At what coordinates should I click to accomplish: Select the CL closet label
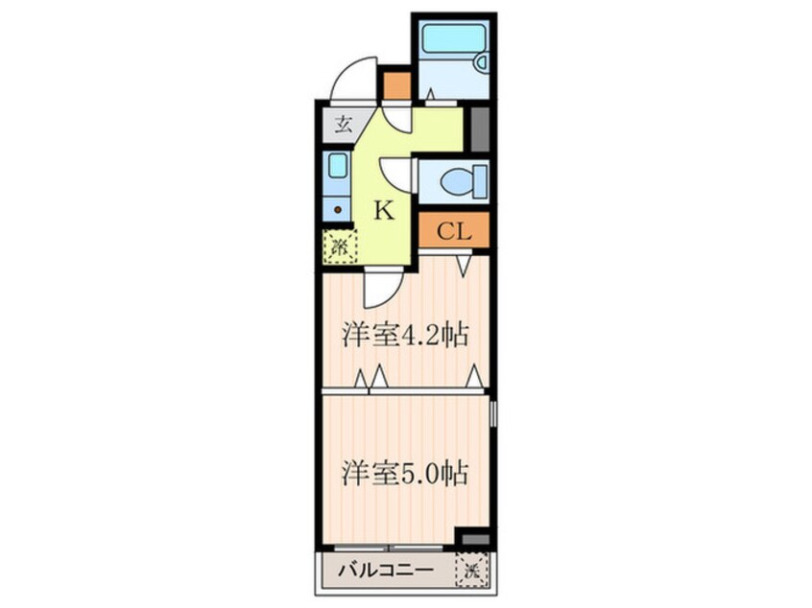pos(454,231)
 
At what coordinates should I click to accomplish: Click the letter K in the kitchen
pos(383,211)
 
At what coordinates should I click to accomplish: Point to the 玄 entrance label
pos(342,124)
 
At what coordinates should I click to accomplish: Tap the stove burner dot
pos(337,206)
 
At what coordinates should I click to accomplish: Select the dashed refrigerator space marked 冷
pos(339,247)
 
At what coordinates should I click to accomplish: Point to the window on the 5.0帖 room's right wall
pos(493,415)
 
